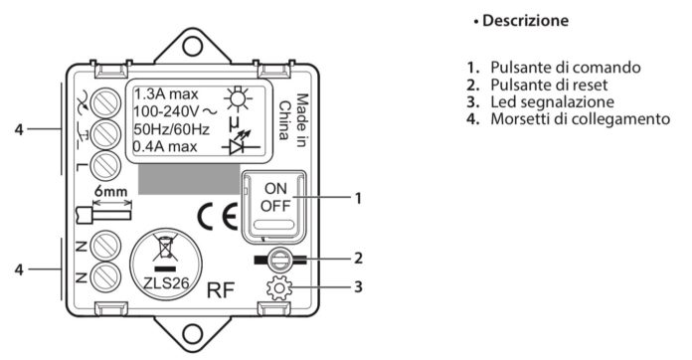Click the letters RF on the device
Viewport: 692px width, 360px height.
pyautogui.click(x=221, y=291)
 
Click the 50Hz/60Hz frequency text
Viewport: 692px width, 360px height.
pyautogui.click(x=166, y=130)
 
